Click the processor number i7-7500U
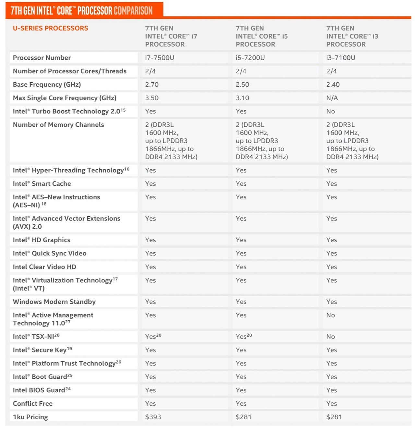coord(160,58)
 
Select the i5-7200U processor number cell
coord(250,58)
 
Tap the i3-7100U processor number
coord(340,58)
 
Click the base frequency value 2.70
coord(152,85)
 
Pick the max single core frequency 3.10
coord(242,98)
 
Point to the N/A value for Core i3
coord(332,98)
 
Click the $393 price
coord(153,417)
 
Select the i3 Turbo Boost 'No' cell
coord(330,111)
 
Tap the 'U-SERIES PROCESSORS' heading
coord(50,28)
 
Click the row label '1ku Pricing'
coord(30,417)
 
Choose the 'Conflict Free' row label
coord(32,404)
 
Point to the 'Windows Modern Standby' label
coord(54,302)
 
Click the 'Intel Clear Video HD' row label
coord(44,267)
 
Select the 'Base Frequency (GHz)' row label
coord(47,85)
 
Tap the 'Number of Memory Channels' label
coord(58,125)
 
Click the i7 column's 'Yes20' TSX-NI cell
coord(153,337)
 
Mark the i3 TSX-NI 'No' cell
coord(330,337)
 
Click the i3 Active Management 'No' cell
coord(330,315)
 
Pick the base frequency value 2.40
coord(333,85)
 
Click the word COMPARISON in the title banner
coord(133,11)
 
